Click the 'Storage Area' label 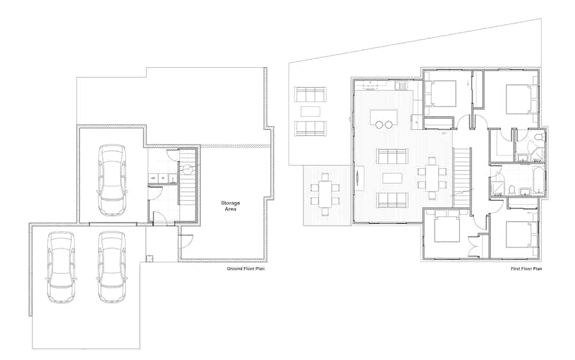(230, 206)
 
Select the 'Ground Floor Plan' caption (245, 269)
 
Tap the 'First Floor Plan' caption (526, 269)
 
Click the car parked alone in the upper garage (112, 180)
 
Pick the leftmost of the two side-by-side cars (61, 267)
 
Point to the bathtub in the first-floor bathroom (539, 180)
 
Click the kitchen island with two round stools (383, 118)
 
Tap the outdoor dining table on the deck (325, 194)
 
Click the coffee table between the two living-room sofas (392, 178)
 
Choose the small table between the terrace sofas (310, 111)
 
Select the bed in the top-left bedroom (441, 94)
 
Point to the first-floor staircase (462, 176)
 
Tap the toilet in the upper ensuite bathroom (538, 138)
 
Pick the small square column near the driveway (149, 258)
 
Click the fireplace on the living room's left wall (358, 178)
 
